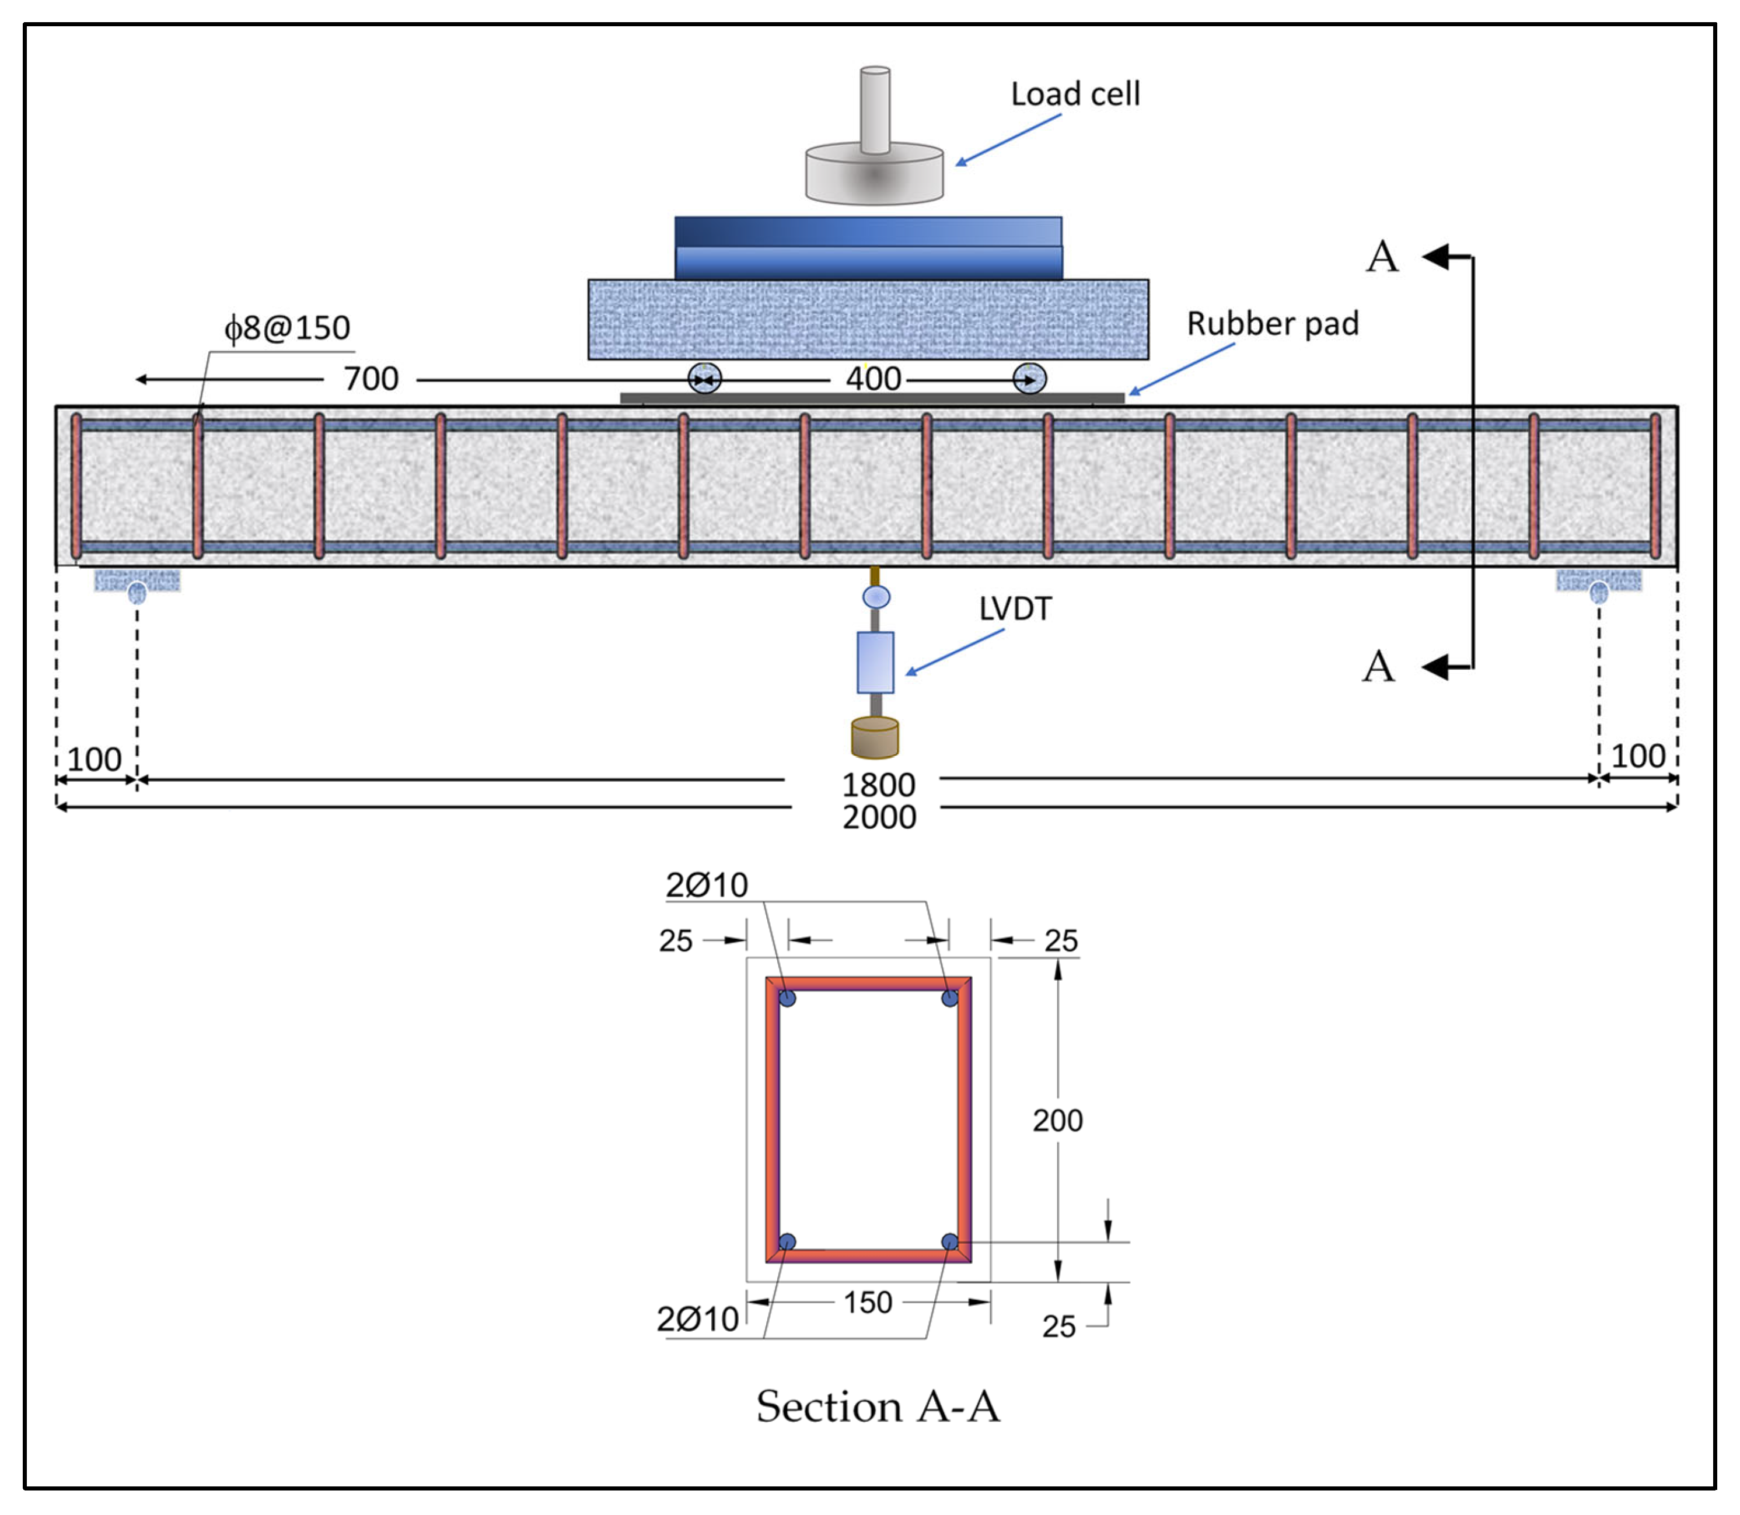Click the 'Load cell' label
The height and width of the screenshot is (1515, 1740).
click(1075, 94)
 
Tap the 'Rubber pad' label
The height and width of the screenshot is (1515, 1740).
click(1273, 324)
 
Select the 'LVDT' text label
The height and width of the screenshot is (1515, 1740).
click(1015, 608)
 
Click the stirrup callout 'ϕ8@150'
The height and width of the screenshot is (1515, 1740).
click(286, 328)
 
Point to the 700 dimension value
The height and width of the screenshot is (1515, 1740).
click(371, 379)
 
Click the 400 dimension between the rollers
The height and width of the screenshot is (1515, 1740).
click(874, 379)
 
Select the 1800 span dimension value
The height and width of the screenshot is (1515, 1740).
click(878, 785)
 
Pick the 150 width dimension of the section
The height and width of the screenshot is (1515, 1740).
click(868, 1302)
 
